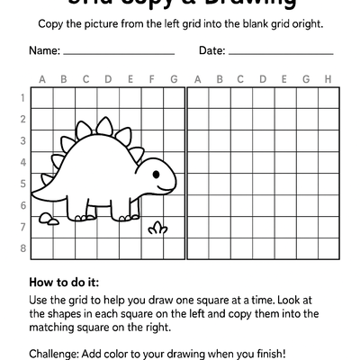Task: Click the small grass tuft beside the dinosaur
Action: (x=158, y=228)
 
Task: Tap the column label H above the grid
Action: (x=328, y=79)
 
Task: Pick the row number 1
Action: (x=22, y=97)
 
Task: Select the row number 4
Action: (x=22, y=162)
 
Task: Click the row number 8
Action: (x=22, y=248)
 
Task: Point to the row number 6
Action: (x=22, y=205)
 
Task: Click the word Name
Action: (x=45, y=50)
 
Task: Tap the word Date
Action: (x=211, y=50)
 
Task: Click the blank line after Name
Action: (x=119, y=54)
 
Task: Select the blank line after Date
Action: (x=281, y=54)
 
